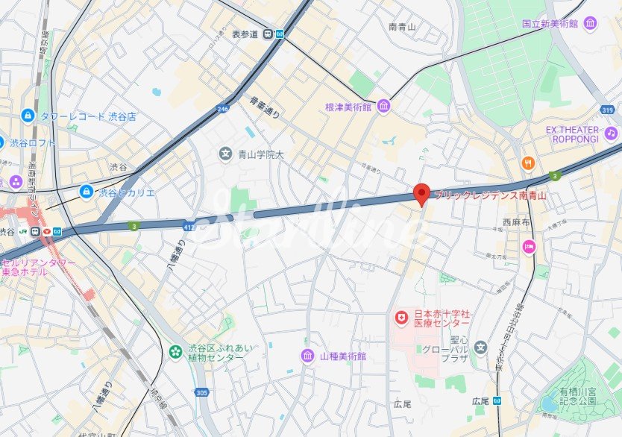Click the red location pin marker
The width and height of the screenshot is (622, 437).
point(421,194)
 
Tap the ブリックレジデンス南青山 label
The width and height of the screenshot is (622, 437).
point(491,195)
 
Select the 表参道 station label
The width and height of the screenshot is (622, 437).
point(244,34)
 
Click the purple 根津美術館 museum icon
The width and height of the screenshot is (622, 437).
point(383,107)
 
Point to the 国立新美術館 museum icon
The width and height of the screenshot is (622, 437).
point(591,24)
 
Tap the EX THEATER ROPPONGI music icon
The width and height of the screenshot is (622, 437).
point(612,133)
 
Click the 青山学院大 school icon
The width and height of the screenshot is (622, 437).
point(224,154)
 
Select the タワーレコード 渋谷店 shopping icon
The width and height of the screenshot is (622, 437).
point(28,116)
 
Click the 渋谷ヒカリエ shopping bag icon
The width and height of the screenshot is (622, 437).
point(87,192)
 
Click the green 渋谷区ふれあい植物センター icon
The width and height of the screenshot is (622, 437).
point(175,351)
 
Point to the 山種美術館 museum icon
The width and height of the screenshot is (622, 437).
point(307,356)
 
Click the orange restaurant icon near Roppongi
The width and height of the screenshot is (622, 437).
point(528,163)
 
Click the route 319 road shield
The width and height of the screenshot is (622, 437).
point(609,110)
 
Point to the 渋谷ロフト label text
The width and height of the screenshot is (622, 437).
point(33,142)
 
